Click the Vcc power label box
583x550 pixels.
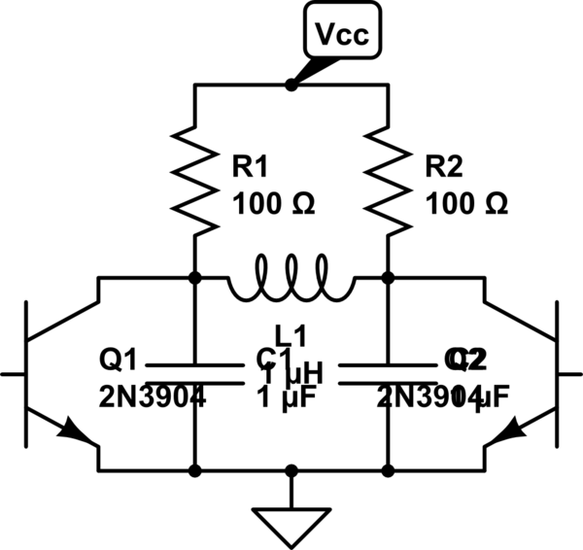point(342,36)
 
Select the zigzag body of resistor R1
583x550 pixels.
point(195,185)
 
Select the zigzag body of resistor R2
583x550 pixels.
point(388,185)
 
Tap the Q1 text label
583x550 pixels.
point(118,361)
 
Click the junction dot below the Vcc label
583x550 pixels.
point(291,86)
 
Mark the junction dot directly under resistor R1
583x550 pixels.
point(195,278)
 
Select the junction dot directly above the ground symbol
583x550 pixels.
point(291,471)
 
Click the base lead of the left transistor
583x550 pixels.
point(13,373)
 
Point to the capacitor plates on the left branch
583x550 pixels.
point(195,374)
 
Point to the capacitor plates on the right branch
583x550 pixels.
point(388,374)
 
